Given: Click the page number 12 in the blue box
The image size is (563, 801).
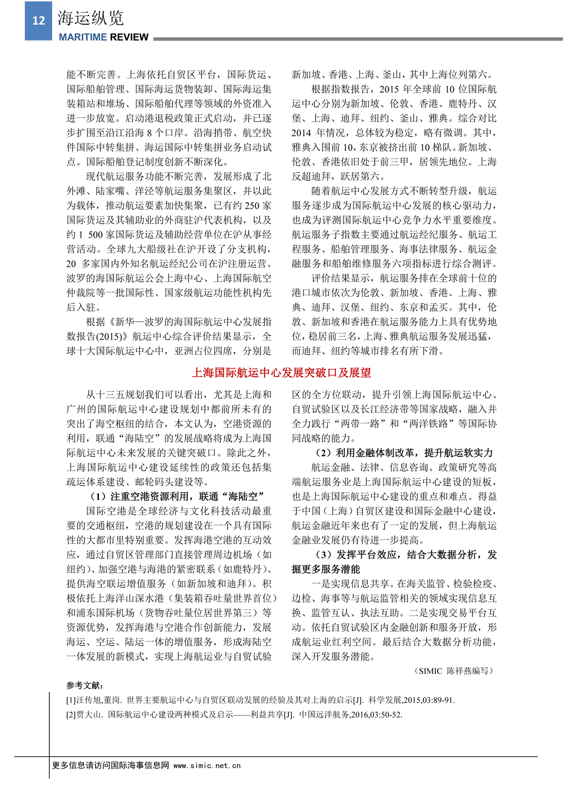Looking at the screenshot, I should click(x=38, y=20).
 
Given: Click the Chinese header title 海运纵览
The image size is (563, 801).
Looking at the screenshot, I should click(x=91, y=18).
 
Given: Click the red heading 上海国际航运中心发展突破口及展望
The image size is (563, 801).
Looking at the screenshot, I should click(x=281, y=373).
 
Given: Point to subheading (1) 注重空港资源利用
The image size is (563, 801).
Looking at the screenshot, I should click(x=177, y=496).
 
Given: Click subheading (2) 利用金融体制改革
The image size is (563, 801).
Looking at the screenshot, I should click(x=403, y=453).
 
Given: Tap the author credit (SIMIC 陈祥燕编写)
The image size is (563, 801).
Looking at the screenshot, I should click(x=454, y=671).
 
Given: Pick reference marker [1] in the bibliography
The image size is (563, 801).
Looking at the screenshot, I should click(x=71, y=700).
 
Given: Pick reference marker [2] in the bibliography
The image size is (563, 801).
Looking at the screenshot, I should click(x=71, y=715).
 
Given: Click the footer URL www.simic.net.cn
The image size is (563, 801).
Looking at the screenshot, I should click(x=207, y=765).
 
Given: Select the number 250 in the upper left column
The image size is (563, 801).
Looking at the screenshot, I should click(x=252, y=206).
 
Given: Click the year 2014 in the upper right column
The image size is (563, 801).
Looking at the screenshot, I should click(x=301, y=133).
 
